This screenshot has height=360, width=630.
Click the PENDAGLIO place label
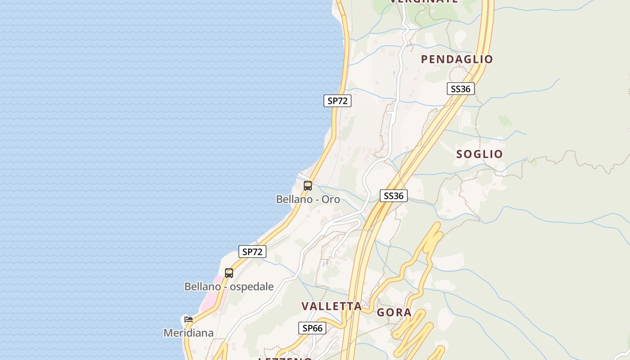point(457,59)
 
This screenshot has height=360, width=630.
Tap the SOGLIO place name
point(479,154)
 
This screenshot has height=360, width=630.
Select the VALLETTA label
point(331,306)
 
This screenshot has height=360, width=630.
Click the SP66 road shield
point(312,328)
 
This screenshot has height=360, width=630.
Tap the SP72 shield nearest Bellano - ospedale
point(252,252)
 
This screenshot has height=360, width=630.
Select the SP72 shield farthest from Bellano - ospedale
point(337,101)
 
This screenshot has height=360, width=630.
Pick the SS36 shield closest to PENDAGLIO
point(460,89)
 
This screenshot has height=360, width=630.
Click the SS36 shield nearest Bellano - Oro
point(394,196)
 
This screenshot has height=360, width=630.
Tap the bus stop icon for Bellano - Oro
point(308,185)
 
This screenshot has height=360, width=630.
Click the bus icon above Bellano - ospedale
point(229,273)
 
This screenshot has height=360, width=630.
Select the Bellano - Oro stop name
point(308,199)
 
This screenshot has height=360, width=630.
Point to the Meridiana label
point(188,333)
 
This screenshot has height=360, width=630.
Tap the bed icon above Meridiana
point(189,319)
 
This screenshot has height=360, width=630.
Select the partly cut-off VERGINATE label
point(423,1)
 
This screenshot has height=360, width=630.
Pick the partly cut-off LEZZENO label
point(285,358)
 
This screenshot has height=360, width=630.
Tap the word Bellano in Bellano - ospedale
point(202,287)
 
